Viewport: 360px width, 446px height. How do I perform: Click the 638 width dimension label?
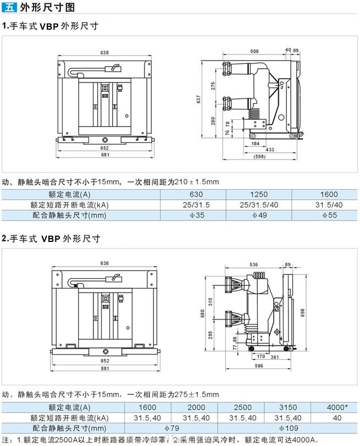[104, 53]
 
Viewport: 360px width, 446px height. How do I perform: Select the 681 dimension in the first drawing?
[104, 155]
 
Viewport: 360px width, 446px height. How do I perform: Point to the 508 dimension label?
[254, 51]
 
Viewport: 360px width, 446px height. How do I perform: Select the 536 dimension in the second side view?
[253, 264]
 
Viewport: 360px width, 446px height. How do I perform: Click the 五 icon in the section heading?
[10, 8]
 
